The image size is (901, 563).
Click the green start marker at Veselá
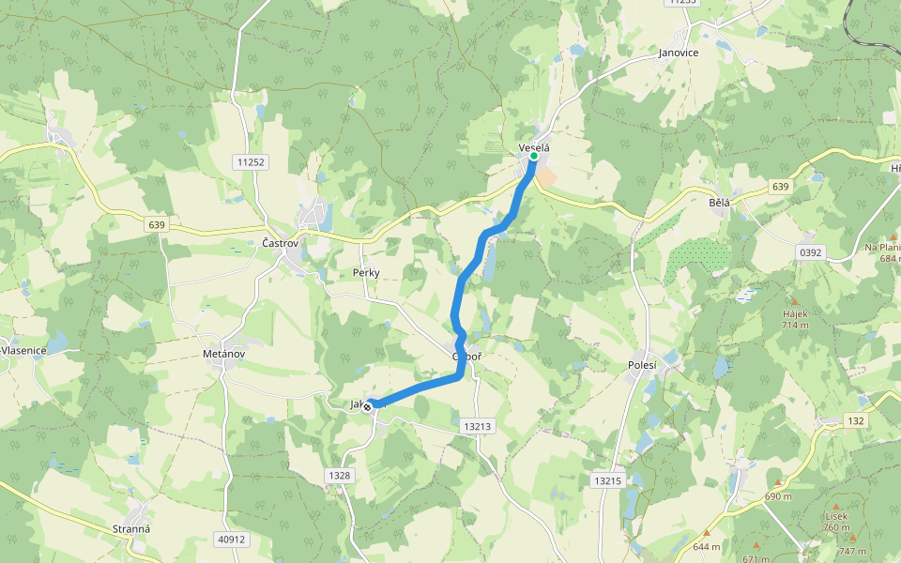(x=533, y=157)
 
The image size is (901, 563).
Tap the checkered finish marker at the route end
(x=368, y=405)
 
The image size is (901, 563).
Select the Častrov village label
(x=280, y=243)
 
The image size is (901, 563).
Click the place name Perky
(x=366, y=272)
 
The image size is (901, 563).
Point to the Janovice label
(x=678, y=53)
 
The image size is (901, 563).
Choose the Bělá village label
(x=719, y=202)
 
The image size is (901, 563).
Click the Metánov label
(x=223, y=354)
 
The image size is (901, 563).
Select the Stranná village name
(x=131, y=528)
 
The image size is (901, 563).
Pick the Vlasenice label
(x=24, y=350)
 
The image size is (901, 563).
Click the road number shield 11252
(x=252, y=162)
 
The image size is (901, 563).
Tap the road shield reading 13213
(x=477, y=426)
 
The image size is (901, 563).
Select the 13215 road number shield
(x=607, y=480)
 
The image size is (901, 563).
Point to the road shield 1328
(x=340, y=476)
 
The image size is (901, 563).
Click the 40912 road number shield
(x=230, y=540)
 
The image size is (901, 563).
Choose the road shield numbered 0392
(x=809, y=252)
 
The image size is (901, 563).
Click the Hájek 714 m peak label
(x=796, y=319)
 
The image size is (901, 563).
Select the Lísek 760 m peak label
(x=836, y=521)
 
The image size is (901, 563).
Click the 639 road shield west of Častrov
(x=156, y=224)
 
